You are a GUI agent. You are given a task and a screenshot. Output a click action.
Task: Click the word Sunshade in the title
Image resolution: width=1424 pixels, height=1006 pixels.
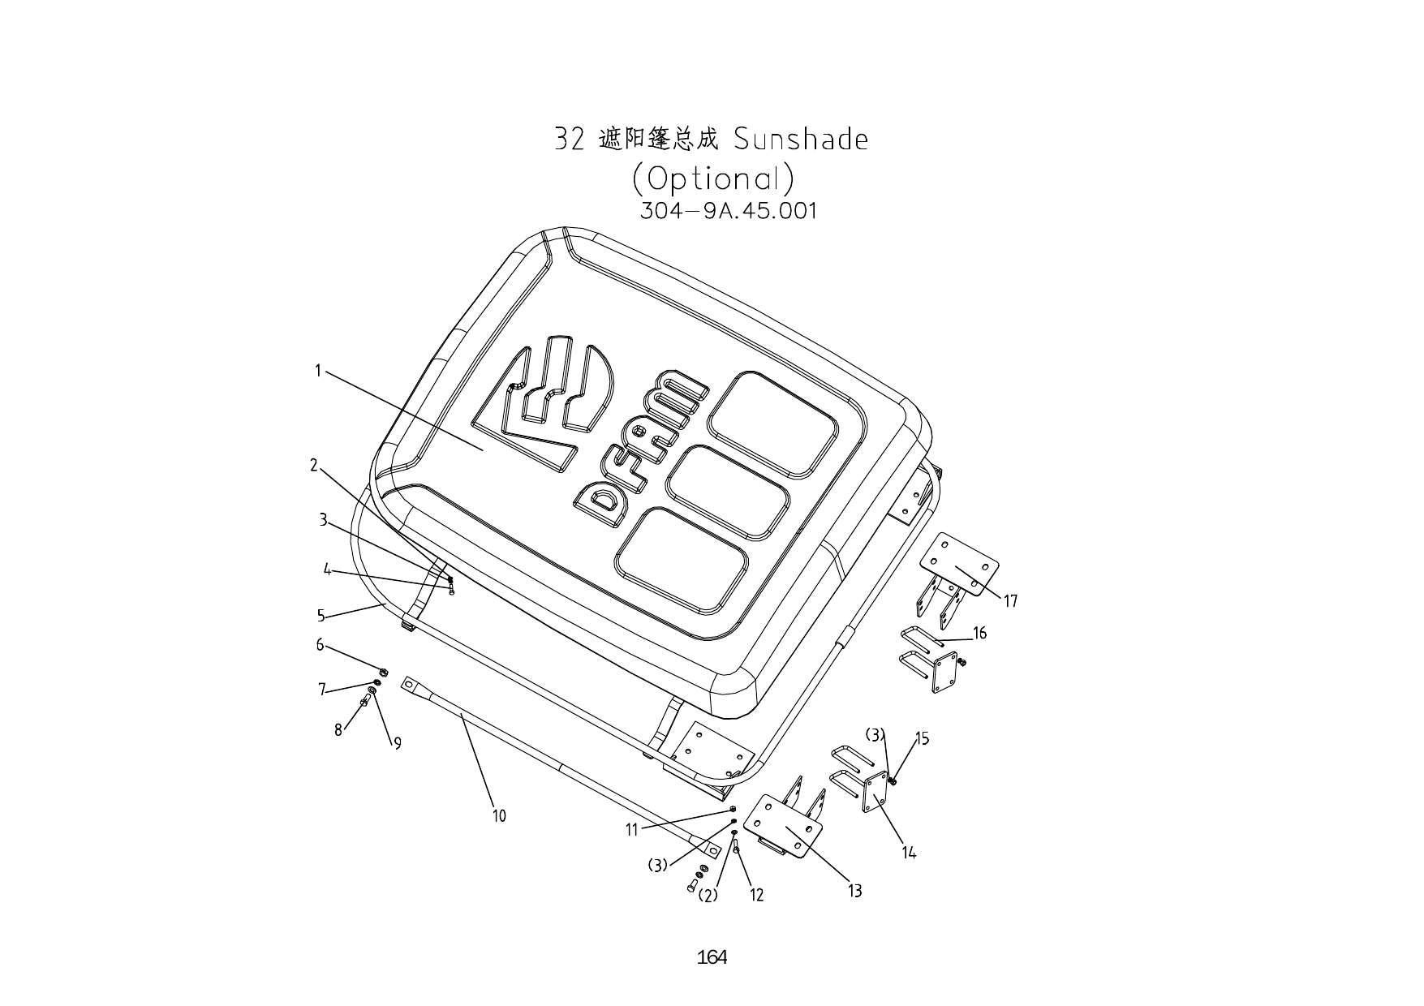800,140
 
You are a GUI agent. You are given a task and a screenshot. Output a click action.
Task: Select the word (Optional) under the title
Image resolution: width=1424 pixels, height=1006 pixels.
712,178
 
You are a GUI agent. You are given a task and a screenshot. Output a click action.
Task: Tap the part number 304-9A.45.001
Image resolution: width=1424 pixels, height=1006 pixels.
728,211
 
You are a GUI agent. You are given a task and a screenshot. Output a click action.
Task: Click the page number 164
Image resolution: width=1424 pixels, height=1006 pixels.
712,957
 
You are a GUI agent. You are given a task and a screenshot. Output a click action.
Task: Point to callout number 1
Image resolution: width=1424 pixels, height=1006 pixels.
319,371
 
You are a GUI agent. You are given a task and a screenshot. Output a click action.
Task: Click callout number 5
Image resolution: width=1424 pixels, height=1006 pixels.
321,616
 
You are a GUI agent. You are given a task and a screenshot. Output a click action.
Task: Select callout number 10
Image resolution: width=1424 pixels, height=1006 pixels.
499,815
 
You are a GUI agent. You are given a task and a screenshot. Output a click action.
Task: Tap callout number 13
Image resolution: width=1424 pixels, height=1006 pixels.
854,891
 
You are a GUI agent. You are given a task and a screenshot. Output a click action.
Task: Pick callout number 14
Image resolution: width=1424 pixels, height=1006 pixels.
909,852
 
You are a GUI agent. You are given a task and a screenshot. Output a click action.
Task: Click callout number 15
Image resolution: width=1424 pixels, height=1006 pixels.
922,738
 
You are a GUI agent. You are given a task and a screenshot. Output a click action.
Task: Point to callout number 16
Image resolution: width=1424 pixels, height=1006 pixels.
980,633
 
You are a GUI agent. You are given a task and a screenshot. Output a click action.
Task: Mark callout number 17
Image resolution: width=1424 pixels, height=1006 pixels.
1010,601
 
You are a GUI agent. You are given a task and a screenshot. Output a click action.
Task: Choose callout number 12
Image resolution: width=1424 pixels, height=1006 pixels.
756,895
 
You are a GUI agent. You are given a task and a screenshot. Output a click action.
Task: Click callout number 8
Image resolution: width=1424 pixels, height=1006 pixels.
338,730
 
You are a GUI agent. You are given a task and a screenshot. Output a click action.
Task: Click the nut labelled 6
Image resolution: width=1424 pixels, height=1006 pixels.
384,672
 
